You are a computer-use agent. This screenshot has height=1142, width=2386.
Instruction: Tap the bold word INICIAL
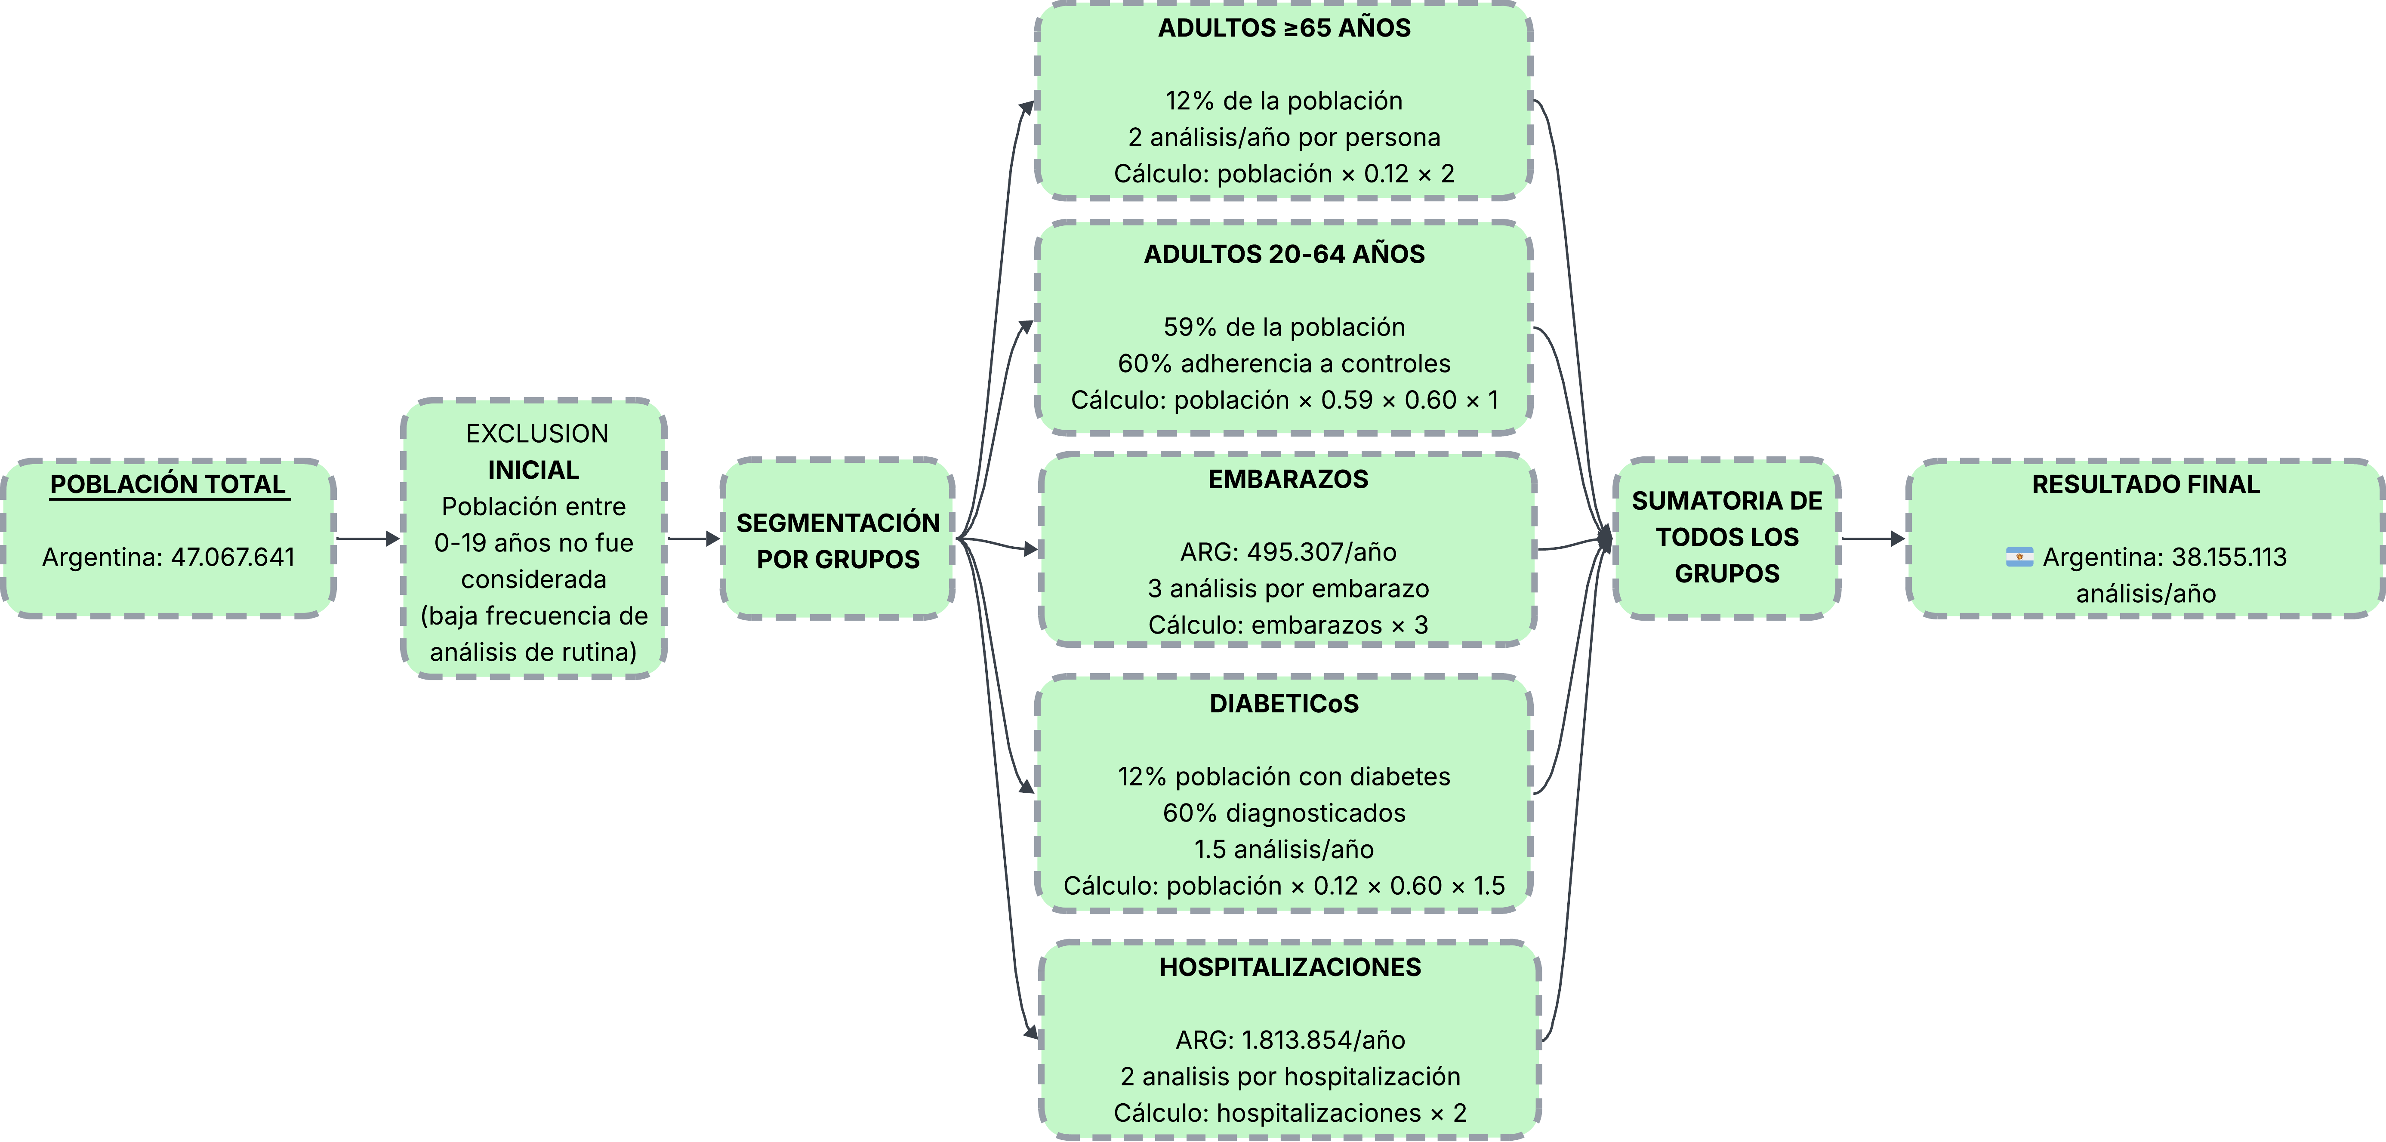[x=533, y=471]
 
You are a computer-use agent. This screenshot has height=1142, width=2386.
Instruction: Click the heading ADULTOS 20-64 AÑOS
[x=1284, y=255]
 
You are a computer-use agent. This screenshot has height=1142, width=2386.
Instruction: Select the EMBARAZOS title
[x=1288, y=480]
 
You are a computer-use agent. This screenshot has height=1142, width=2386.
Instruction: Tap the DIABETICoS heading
[x=1284, y=704]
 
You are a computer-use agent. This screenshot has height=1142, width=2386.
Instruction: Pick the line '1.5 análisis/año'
[x=1284, y=850]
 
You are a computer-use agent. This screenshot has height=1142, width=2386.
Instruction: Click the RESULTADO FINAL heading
[x=2145, y=484]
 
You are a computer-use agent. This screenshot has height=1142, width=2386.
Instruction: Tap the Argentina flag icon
[x=2019, y=557]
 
